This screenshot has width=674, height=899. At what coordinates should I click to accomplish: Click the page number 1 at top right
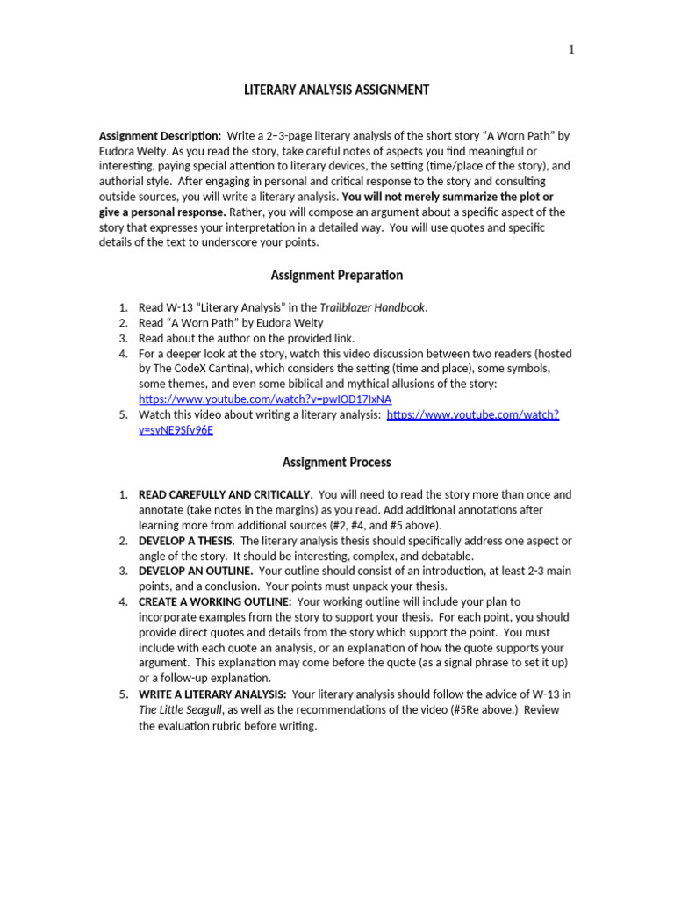pos(571,49)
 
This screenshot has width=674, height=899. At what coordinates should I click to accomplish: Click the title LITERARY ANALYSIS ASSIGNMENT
pos(336,90)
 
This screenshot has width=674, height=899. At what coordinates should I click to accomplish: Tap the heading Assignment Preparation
pos(337,275)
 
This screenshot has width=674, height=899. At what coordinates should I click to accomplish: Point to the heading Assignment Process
pos(337,462)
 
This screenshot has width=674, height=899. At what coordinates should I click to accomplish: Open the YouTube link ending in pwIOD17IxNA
pos(265,399)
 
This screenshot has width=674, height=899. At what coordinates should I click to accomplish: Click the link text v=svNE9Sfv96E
pos(176,430)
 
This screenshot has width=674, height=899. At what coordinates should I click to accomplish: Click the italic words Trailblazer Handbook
pos(377,307)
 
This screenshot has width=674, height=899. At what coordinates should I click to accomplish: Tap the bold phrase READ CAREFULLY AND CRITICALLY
pos(225,494)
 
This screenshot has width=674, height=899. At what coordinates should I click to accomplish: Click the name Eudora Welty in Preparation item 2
pos(290,322)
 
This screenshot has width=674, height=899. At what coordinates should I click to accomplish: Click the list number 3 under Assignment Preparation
pos(123,338)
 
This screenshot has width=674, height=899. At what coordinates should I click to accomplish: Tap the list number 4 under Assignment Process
pos(123,601)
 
